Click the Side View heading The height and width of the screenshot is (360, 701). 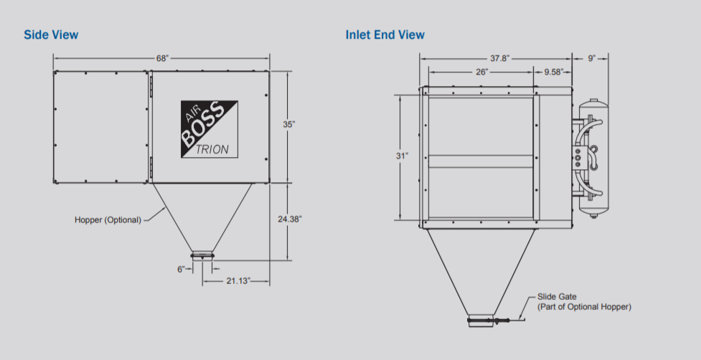tap(51, 34)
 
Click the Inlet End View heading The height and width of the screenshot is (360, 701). tap(385, 34)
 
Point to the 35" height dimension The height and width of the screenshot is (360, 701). tap(289, 124)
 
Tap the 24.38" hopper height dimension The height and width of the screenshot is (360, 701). tap(290, 219)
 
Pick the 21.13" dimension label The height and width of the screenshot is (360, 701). tap(238, 281)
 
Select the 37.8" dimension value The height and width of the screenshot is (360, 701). tap(499, 58)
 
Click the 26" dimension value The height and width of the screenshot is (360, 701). tap(481, 72)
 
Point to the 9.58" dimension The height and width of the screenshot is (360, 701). tap(554, 72)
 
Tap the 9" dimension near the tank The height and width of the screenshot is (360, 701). tap(592, 58)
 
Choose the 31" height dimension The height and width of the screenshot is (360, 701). tap(402, 155)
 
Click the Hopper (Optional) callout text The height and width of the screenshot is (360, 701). tap(108, 219)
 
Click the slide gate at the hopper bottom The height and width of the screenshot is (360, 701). tap(502, 320)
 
